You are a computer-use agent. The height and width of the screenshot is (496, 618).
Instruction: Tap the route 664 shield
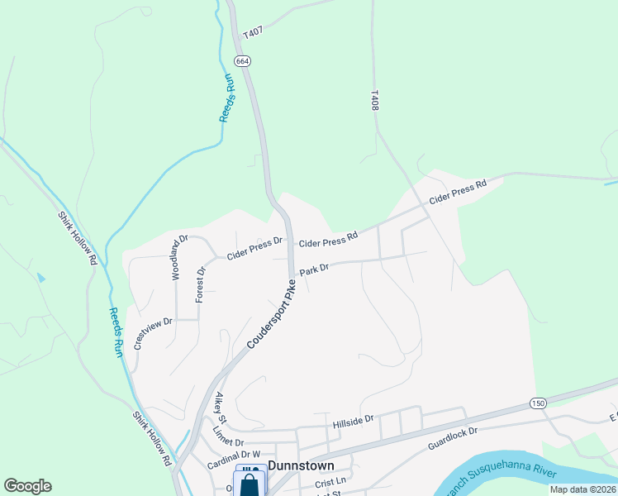(x=241, y=61)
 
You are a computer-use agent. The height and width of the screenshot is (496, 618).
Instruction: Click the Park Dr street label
(x=314, y=269)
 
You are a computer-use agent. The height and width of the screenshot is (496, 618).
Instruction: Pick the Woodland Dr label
(x=179, y=257)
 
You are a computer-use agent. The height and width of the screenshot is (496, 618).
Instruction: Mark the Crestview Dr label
(x=152, y=333)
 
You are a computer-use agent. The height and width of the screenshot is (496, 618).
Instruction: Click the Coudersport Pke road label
(x=271, y=317)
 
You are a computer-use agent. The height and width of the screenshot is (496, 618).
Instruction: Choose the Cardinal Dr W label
(x=234, y=455)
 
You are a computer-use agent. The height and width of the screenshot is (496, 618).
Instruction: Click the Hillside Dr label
(x=353, y=421)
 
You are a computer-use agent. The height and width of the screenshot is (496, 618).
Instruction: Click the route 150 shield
(x=538, y=403)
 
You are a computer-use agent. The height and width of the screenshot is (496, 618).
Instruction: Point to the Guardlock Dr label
(x=453, y=438)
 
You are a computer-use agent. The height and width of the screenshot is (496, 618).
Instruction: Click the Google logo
(x=27, y=486)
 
